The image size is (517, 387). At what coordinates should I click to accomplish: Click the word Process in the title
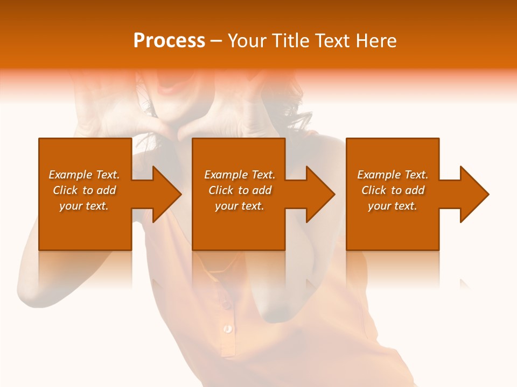click(x=169, y=41)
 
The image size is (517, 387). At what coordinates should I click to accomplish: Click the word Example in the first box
click(x=71, y=175)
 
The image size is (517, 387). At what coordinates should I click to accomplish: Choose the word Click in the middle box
click(x=221, y=190)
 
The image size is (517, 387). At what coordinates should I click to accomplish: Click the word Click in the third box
click(x=374, y=190)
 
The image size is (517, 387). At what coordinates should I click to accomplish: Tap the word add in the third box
click(x=415, y=190)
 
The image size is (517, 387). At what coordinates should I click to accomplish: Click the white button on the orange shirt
click(x=228, y=328)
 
